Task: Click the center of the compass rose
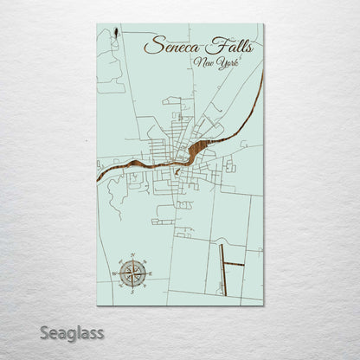click(132, 273)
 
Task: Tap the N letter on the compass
click(132, 257)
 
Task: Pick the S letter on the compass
click(132, 290)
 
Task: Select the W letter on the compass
click(115, 273)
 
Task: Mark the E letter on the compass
click(150, 273)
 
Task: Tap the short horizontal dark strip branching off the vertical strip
click(234, 264)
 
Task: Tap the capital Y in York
click(221, 65)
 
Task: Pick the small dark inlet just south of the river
click(177, 171)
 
